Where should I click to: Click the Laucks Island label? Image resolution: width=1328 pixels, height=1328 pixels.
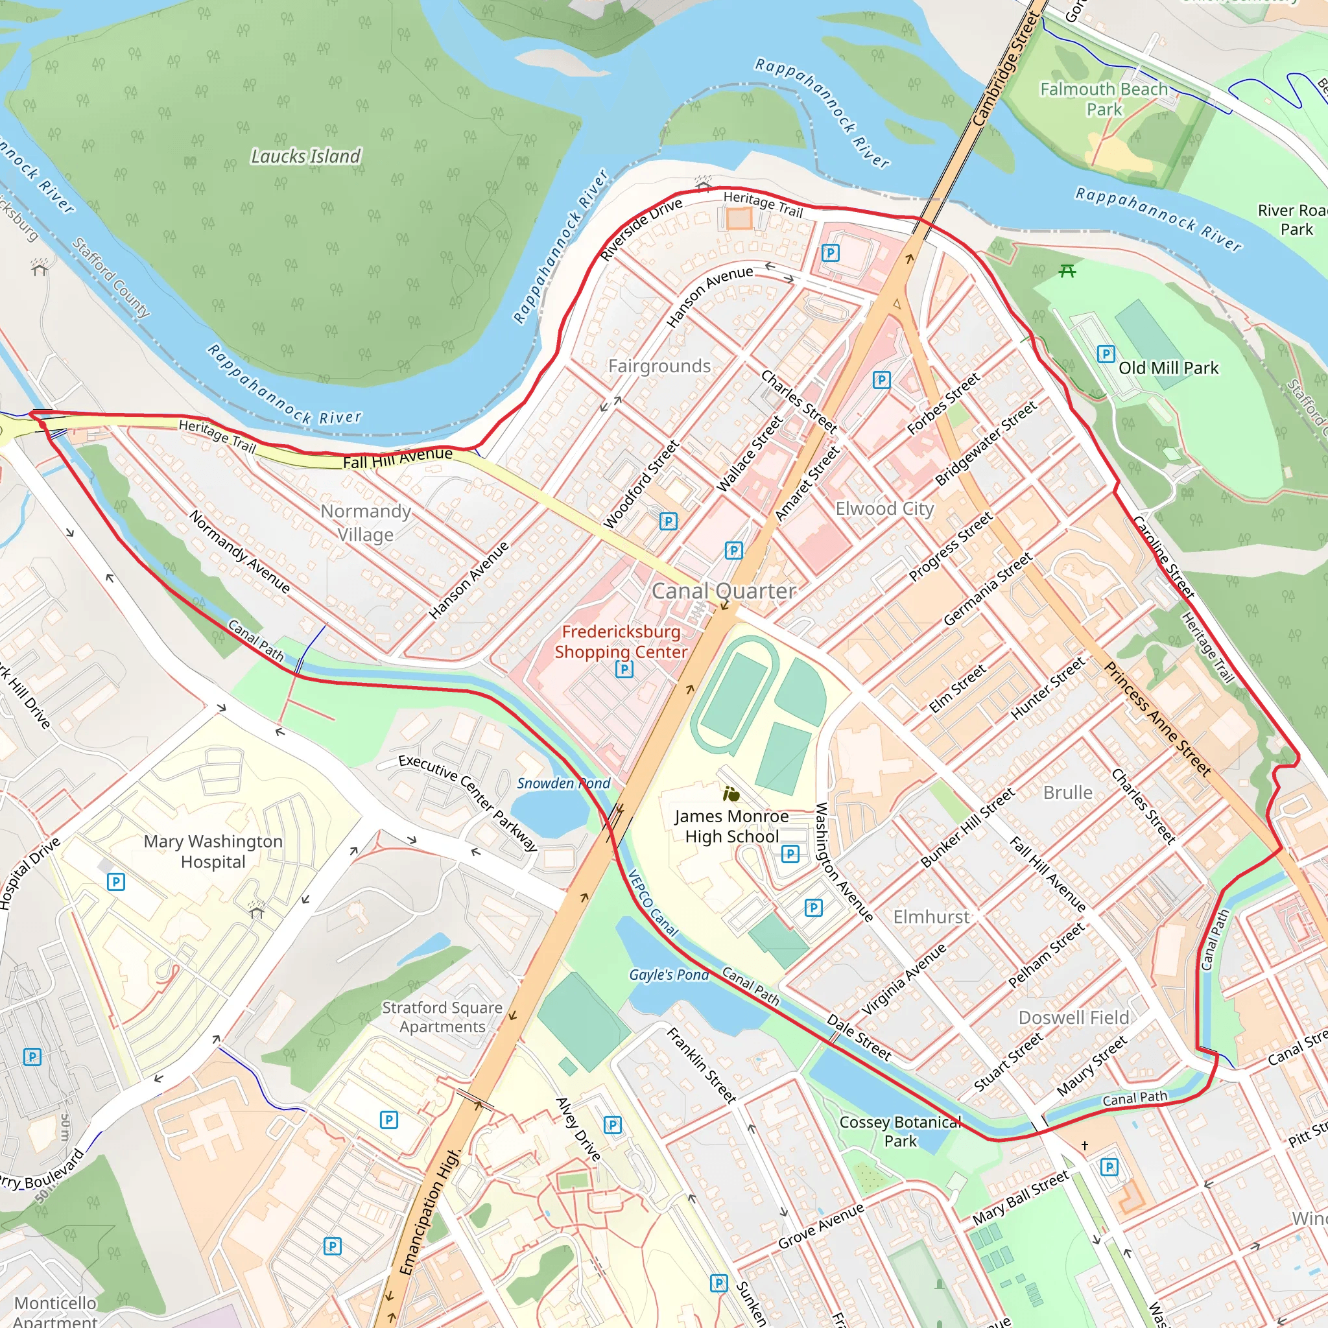[305, 157]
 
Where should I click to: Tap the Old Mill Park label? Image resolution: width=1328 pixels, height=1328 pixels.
[1168, 368]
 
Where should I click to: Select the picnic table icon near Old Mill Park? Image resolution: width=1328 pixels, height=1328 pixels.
[1067, 272]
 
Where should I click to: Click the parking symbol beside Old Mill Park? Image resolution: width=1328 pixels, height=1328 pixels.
[1106, 354]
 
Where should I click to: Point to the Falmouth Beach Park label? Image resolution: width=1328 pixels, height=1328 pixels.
[1103, 99]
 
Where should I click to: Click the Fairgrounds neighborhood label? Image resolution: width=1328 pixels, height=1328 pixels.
[659, 366]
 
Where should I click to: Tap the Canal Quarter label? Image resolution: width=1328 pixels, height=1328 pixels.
[724, 591]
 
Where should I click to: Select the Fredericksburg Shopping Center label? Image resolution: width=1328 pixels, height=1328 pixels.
[621, 641]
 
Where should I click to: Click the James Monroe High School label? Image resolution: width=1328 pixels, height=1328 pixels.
[731, 826]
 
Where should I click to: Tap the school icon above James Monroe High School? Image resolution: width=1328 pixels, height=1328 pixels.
[731, 795]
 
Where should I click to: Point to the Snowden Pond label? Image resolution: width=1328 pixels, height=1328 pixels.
[563, 783]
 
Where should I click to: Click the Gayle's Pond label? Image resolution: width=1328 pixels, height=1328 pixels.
[668, 975]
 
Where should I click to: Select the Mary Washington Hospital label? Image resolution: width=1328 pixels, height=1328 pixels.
[213, 851]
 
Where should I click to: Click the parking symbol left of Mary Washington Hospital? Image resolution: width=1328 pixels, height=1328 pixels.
[116, 882]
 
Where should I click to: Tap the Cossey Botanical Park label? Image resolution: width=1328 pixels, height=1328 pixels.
[900, 1132]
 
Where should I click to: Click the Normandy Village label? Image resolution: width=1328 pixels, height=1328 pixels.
[366, 523]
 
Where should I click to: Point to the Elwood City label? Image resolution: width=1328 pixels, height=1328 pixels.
[884, 508]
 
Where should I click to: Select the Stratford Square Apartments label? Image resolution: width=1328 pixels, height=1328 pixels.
[442, 1017]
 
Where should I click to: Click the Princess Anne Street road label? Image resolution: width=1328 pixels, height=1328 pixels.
[1157, 720]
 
